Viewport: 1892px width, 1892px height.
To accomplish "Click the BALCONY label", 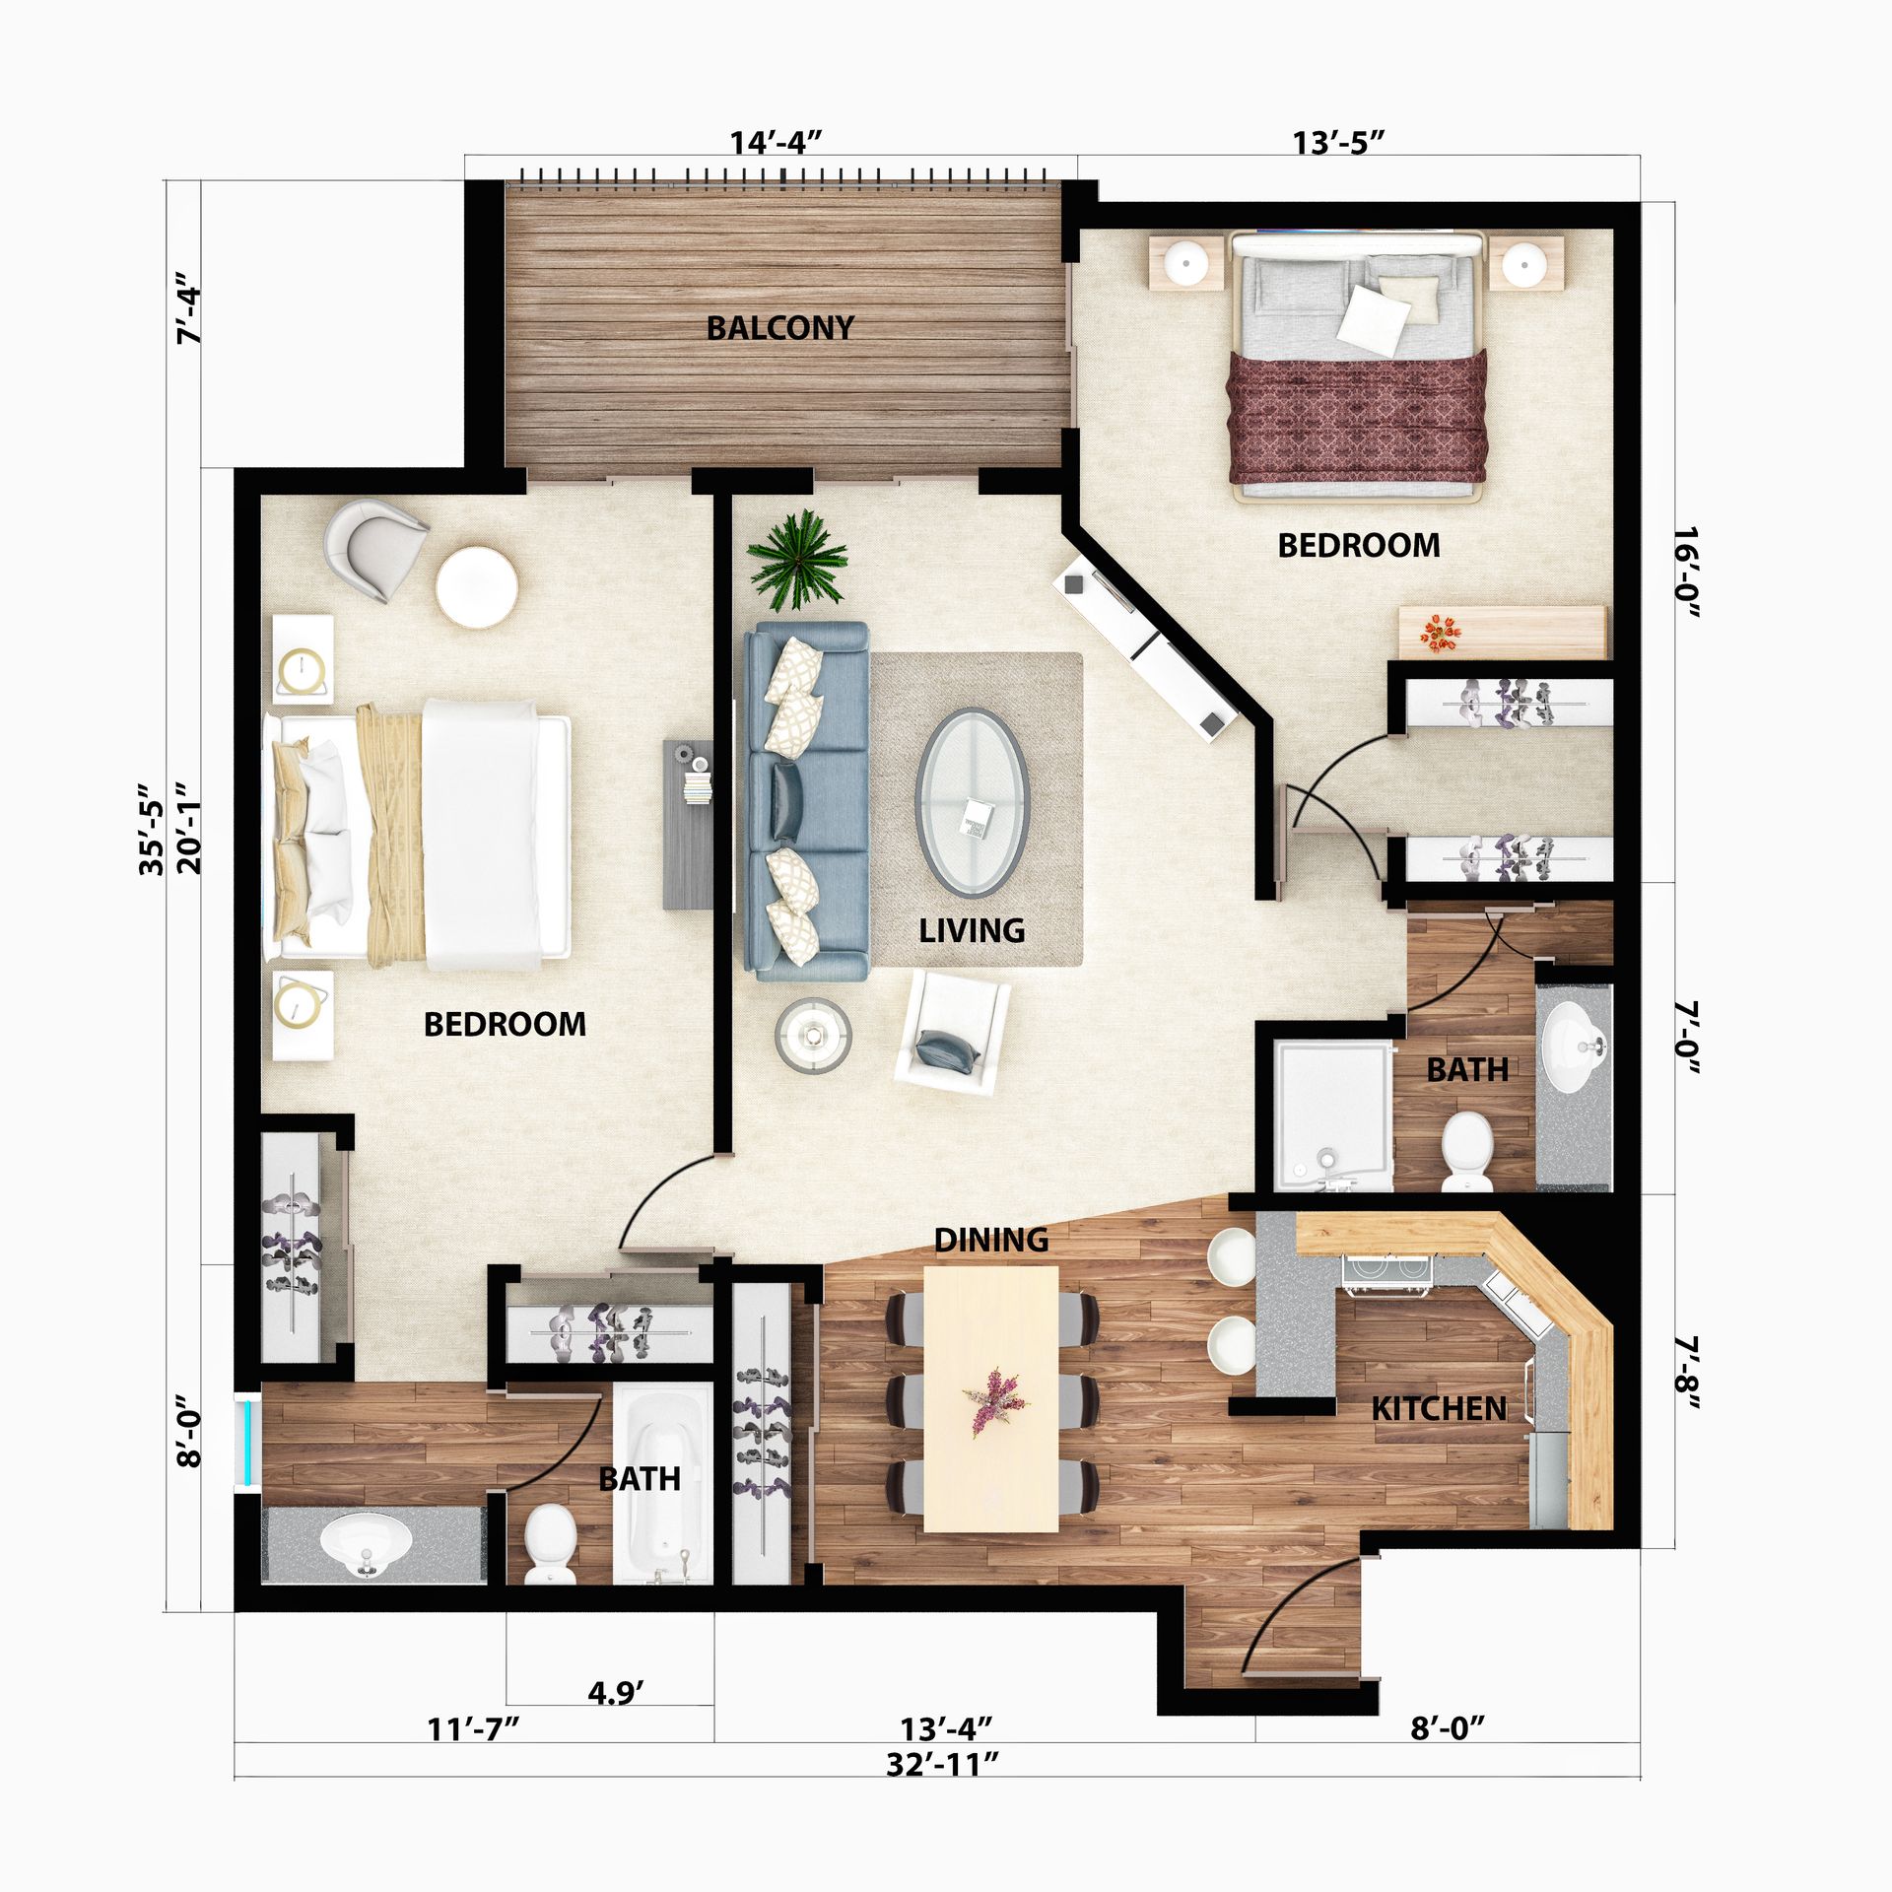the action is (779, 327).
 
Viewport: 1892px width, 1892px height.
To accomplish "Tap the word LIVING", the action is (972, 930).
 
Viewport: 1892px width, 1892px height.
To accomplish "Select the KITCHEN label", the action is (1439, 1409).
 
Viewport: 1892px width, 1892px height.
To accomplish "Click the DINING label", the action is (991, 1240).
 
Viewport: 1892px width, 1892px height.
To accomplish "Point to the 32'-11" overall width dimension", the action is (942, 1764).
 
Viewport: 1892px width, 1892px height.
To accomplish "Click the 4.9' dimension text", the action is (616, 1693).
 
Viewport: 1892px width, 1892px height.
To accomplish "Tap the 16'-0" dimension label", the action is (1687, 574).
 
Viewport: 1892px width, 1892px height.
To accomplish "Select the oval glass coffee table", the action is (973, 803).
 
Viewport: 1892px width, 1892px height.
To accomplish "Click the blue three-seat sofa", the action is (807, 800).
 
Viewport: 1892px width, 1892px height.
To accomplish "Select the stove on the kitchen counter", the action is (1386, 1274).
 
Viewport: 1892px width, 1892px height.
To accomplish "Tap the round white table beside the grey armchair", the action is (477, 587).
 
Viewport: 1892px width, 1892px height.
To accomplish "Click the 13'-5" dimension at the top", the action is (1338, 143).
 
